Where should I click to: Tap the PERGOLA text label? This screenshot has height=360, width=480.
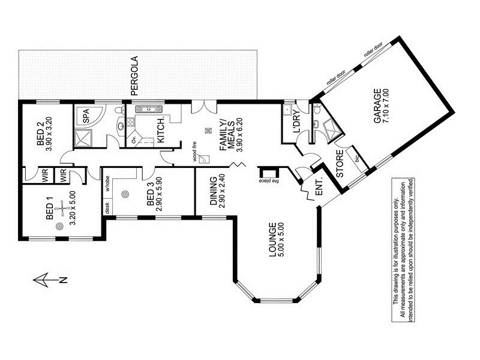click(135, 77)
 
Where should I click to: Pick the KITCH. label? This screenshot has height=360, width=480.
click(161, 131)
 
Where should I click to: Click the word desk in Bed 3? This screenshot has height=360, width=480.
click(107, 208)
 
